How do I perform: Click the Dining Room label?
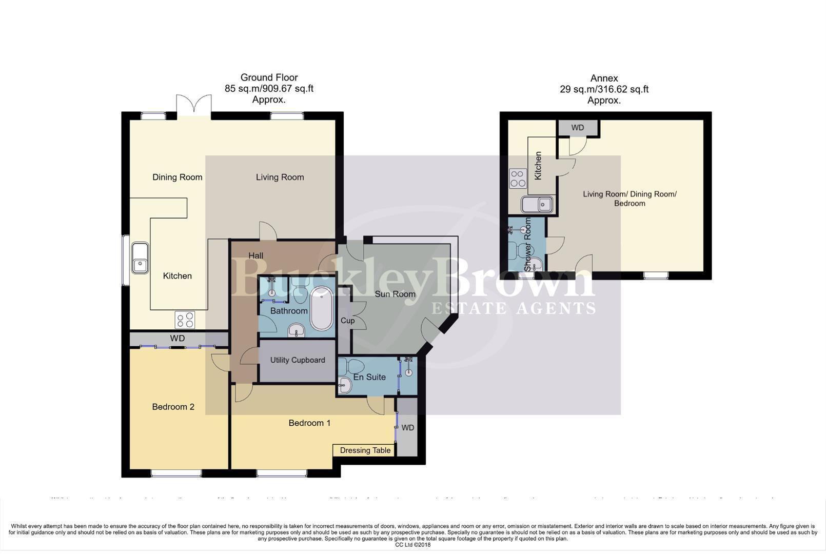point(177,177)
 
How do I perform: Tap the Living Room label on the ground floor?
point(280,177)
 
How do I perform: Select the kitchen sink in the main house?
point(140,258)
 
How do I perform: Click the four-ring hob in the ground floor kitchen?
point(185,320)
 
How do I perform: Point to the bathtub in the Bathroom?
point(322,308)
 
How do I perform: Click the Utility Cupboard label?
point(298,360)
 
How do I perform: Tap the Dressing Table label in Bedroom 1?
point(365,450)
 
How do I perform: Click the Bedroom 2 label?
point(173,407)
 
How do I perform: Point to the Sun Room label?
point(395,294)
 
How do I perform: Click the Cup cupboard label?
point(347,321)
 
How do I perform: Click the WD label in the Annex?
point(577,128)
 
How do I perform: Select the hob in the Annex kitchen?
point(518,179)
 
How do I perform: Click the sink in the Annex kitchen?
point(537,205)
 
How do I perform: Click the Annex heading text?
point(604,78)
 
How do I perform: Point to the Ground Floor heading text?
point(269,77)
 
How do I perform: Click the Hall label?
point(255,255)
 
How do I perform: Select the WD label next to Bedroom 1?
point(407,428)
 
